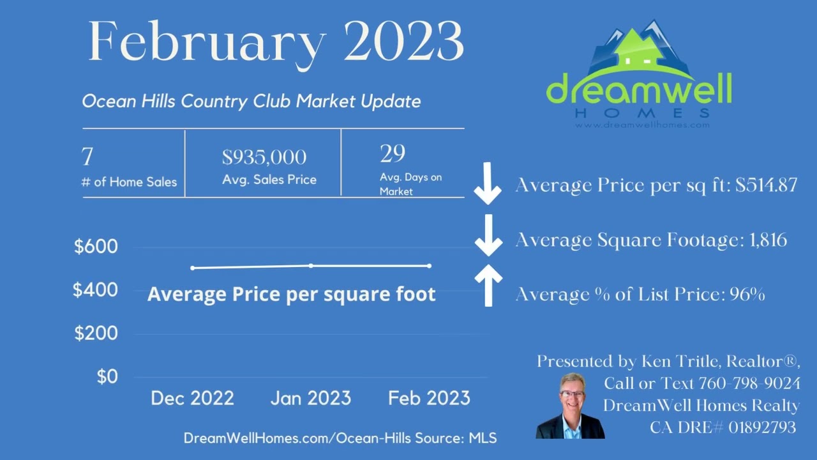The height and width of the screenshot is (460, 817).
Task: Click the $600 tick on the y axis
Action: [96, 247]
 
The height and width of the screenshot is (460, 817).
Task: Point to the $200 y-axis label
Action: [96, 333]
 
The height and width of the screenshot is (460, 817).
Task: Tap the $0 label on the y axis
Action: [107, 377]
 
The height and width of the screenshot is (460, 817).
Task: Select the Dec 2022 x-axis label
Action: [192, 399]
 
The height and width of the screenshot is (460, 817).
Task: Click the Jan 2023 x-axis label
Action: [311, 399]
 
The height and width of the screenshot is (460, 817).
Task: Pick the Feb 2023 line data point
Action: [429, 266]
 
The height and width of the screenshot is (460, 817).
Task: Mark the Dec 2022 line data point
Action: [193, 268]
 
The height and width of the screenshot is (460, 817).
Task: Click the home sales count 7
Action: [87, 157]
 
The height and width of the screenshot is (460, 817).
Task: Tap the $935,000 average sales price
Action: [264, 157]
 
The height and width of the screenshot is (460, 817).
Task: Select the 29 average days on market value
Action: [393, 154]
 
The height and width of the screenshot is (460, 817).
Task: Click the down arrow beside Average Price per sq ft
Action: [488, 183]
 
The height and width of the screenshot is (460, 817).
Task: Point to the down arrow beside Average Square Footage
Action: [488, 236]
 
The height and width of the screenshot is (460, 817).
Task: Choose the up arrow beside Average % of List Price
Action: [488, 285]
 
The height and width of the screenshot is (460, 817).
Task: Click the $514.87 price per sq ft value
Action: [766, 185]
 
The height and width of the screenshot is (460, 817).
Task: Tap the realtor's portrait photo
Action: [569, 406]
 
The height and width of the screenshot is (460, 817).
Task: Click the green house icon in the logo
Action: [638, 51]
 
